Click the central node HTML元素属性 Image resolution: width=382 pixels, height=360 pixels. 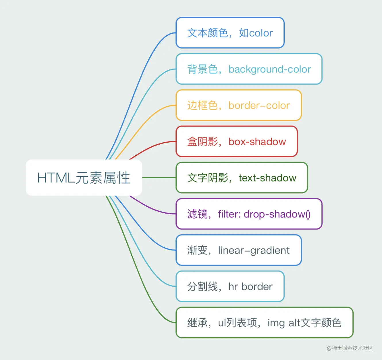click(x=84, y=178)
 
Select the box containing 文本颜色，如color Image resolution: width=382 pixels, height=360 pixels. click(x=230, y=33)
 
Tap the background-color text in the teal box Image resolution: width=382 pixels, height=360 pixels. click(x=269, y=69)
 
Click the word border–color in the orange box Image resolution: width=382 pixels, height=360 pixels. click(x=259, y=106)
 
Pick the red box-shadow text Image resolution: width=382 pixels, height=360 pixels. click(x=257, y=142)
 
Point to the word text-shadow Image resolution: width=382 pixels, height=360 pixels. click(x=267, y=178)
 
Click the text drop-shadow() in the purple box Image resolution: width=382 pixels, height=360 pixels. click(x=277, y=214)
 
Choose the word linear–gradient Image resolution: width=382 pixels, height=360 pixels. click(x=254, y=250)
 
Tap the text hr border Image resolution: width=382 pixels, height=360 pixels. click(x=250, y=287)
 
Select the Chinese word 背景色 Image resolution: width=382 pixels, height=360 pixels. click(x=202, y=69)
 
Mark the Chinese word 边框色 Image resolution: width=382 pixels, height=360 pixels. click(x=202, y=106)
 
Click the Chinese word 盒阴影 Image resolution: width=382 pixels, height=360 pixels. click(x=202, y=142)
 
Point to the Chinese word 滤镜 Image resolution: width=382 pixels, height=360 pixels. click(x=197, y=214)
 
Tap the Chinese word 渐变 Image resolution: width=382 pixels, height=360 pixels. click(x=197, y=250)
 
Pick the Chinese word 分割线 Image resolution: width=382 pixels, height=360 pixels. click(x=202, y=287)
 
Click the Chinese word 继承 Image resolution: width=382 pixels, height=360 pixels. click(x=197, y=323)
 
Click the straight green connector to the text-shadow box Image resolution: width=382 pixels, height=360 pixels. click(x=159, y=178)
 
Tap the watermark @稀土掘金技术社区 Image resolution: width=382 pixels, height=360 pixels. click(x=350, y=348)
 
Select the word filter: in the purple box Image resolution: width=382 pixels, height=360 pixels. click(x=229, y=214)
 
